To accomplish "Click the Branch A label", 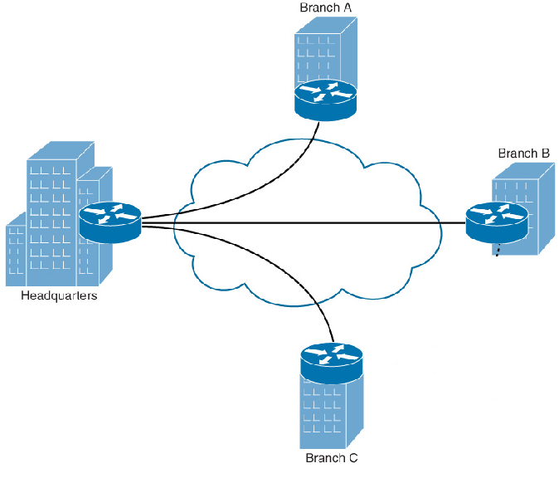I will tap(326, 7).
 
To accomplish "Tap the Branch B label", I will tap(524, 154).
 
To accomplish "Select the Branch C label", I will tap(332, 458).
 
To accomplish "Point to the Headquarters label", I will tap(59, 296).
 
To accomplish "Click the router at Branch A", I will tap(325, 96).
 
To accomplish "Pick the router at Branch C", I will tap(332, 363).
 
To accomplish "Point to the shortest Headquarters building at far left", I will tap(17, 253).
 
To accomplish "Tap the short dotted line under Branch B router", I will tap(498, 249).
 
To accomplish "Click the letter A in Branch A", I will tap(348, 7).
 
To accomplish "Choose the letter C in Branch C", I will tap(353, 458).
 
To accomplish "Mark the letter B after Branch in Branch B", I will tap(545, 154).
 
